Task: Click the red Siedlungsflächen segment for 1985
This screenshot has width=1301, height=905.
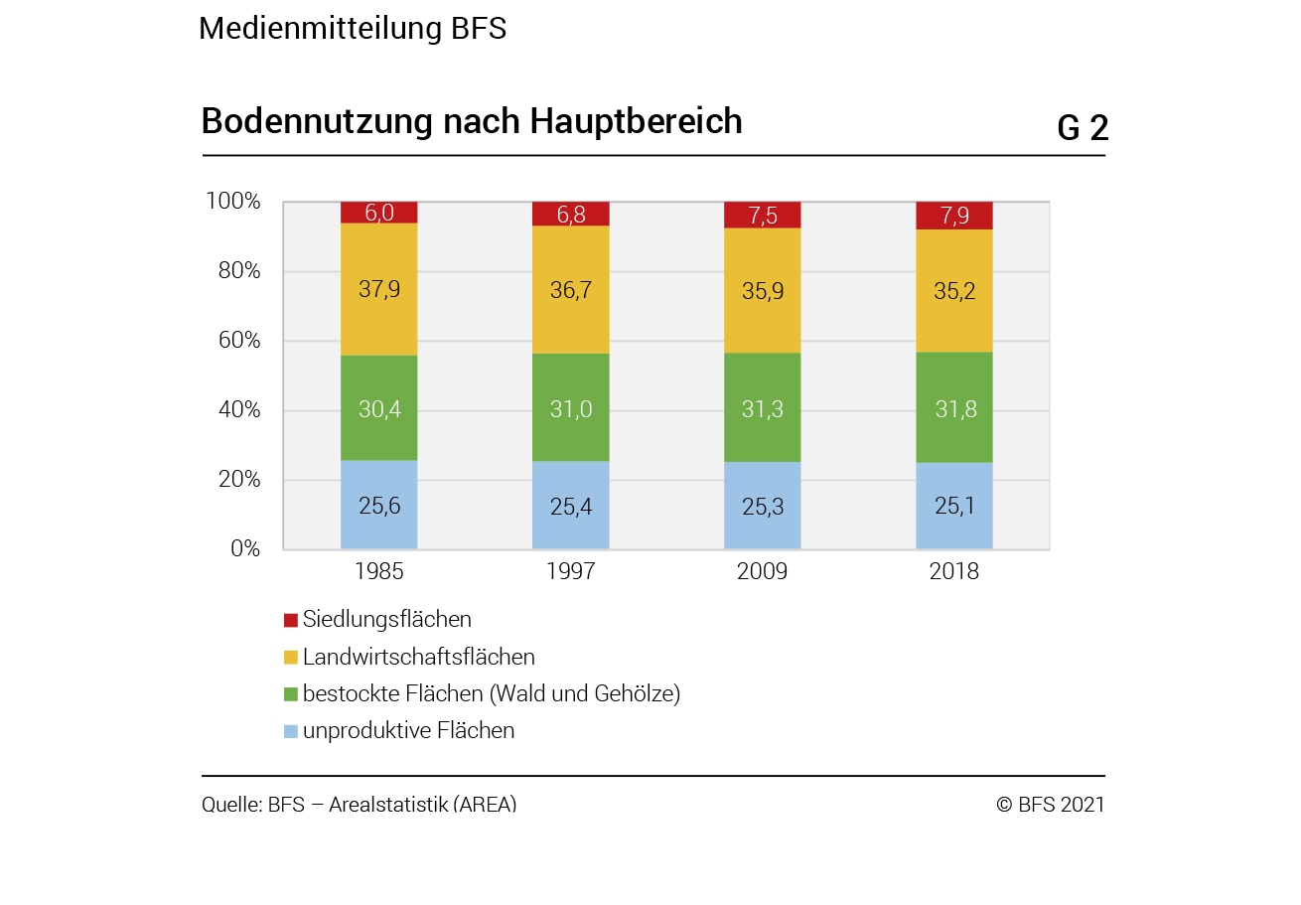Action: tap(379, 213)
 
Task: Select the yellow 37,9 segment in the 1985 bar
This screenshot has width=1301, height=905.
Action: tap(379, 289)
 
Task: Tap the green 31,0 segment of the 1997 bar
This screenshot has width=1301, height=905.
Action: tap(571, 407)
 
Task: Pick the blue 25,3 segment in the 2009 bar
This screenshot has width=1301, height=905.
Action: tap(763, 506)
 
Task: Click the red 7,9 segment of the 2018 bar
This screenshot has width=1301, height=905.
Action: tap(954, 216)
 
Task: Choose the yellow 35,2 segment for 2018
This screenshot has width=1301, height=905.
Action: tap(954, 291)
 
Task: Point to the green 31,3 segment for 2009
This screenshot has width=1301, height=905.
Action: tap(763, 407)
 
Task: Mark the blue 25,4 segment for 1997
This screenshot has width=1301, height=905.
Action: tap(571, 506)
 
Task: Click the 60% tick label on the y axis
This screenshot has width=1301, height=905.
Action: tap(239, 341)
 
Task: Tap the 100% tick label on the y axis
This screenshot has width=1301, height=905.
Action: tap(233, 202)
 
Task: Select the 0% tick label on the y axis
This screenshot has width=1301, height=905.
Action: tap(245, 549)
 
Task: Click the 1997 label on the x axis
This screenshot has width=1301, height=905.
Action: tap(571, 571)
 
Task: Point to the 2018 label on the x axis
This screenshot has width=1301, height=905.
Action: tap(954, 571)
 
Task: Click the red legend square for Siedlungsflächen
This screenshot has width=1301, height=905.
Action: tap(291, 620)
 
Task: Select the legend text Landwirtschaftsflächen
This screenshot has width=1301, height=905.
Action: tap(419, 657)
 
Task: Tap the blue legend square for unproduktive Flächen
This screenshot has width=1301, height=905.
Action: tap(291, 731)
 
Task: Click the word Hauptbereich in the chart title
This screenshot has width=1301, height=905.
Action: tap(636, 121)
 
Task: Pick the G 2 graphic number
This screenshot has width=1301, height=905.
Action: tap(1082, 128)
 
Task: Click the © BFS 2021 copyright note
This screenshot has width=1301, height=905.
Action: tap(1050, 805)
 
